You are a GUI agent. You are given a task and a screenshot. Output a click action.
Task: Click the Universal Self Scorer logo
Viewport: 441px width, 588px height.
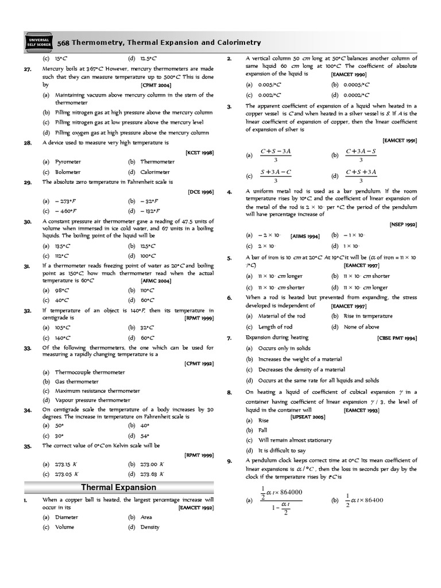point(39,41)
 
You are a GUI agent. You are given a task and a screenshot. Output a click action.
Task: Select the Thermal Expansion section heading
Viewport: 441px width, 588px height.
point(118,487)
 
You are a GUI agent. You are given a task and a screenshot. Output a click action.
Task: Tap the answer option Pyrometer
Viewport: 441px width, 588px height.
point(68,163)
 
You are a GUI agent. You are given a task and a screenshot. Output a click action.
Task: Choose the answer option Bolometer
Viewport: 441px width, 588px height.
point(68,172)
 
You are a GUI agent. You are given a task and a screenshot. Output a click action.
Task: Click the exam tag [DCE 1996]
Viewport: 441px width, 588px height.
point(200,192)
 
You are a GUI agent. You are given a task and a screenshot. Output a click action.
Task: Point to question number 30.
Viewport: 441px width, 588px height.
point(27,221)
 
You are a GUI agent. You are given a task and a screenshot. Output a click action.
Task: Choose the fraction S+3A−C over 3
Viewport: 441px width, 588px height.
point(276,176)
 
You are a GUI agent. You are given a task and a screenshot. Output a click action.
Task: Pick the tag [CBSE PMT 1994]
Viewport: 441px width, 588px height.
point(397,338)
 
